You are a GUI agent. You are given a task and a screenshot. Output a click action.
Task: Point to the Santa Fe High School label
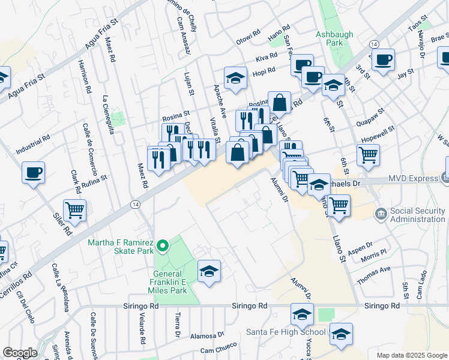pos(286,332)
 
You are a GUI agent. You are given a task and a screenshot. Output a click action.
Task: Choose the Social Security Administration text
pos(418,215)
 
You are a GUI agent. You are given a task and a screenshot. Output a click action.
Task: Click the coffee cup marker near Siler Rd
pos(33,173)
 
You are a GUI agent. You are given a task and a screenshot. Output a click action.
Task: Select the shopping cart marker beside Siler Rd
pos(75,210)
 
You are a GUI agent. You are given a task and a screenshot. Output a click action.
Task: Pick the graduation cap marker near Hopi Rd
pos(236,77)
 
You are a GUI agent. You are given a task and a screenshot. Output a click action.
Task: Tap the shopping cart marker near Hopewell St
pos(368,154)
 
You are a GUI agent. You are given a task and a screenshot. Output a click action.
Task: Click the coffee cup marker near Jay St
pos(383,59)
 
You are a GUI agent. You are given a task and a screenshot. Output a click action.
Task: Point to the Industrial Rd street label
pos(33,144)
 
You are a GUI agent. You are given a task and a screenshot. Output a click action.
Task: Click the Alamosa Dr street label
pos(207,335)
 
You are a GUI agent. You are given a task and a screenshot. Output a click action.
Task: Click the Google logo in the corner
pos(20,352)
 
